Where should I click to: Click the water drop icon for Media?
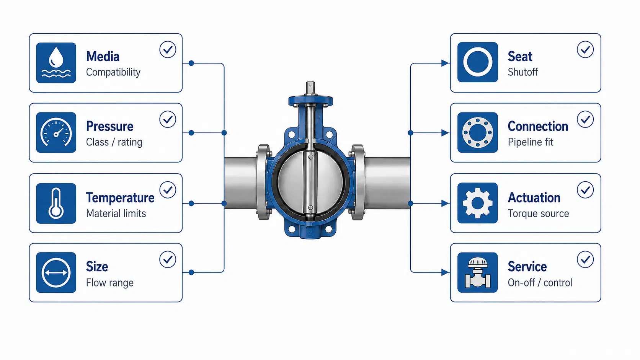(56, 63)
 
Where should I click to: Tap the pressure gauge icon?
(56, 132)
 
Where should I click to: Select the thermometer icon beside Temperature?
(56, 203)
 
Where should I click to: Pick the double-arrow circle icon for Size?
(56, 272)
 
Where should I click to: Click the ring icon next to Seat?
(477, 62)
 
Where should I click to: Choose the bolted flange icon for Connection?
(477, 132)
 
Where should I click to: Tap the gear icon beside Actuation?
(477, 203)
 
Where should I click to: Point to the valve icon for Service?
(477, 272)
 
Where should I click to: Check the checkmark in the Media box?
(168, 50)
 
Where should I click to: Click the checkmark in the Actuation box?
(585, 190)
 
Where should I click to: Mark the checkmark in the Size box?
(168, 259)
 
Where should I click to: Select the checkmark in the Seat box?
(585, 50)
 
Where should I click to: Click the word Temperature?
(120, 197)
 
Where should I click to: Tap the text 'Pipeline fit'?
(531, 142)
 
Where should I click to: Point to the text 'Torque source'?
(538, 213)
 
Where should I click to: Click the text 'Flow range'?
(110, 283)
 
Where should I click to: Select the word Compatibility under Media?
(113, 72)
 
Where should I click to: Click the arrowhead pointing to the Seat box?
(445, 63)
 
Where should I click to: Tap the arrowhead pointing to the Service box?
(445, 272)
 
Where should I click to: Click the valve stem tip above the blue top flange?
(310, 85)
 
